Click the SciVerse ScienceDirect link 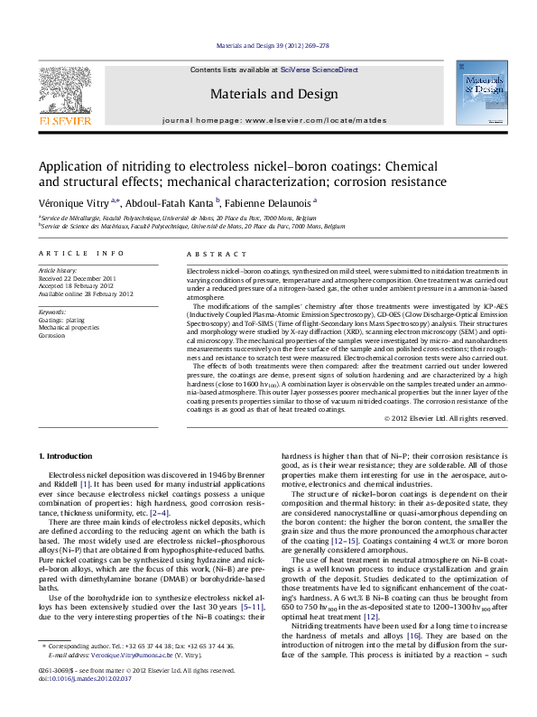319,70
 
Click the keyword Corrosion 51,334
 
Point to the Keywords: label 53,312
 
